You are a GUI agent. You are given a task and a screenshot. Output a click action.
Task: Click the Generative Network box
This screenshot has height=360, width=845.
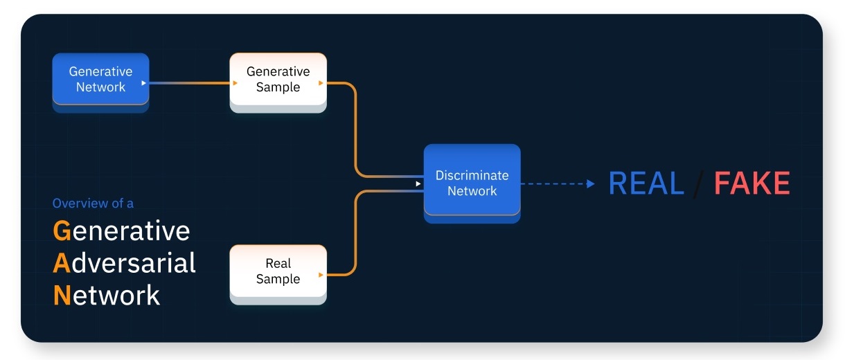tap(100, 79)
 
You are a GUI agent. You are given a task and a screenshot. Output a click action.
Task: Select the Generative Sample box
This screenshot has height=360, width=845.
tap(278, 79)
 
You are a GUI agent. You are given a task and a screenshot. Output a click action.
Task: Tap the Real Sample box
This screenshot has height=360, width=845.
tap(278, 271)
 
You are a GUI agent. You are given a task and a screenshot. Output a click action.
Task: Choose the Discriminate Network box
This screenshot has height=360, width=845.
tap(472, 183)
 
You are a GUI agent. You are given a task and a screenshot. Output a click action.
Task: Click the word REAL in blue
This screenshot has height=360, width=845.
tap(646, 183)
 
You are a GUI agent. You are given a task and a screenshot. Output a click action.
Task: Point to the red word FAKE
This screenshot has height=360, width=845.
tap(751, 183)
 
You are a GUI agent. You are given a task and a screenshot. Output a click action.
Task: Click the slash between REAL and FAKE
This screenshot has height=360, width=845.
tap(699, 183)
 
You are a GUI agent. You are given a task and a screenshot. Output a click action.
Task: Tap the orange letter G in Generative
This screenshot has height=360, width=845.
tap(62, 231)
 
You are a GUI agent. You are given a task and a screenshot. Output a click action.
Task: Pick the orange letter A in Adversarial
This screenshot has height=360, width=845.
tap(62, 263)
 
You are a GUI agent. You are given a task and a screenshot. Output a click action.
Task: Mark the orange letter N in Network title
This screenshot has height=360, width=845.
tap(62, 296)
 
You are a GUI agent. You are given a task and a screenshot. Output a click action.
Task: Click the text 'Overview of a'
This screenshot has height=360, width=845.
tap(93, 204)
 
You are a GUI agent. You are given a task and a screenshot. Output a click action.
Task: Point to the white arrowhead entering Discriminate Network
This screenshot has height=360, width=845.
tap(418, 183)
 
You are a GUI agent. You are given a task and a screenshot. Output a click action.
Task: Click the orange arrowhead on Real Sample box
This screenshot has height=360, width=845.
tap(321, 275)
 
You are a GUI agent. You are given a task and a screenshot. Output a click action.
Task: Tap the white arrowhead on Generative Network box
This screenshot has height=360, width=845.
tap(143, 83)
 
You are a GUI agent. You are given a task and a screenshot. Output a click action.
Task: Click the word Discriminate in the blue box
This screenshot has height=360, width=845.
tap(472, 176)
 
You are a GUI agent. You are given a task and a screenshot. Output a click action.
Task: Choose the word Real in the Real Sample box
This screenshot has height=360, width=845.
tap(278, 263)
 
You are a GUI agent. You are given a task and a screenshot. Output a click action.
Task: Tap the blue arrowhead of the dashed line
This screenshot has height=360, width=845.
tap(590, 183)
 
